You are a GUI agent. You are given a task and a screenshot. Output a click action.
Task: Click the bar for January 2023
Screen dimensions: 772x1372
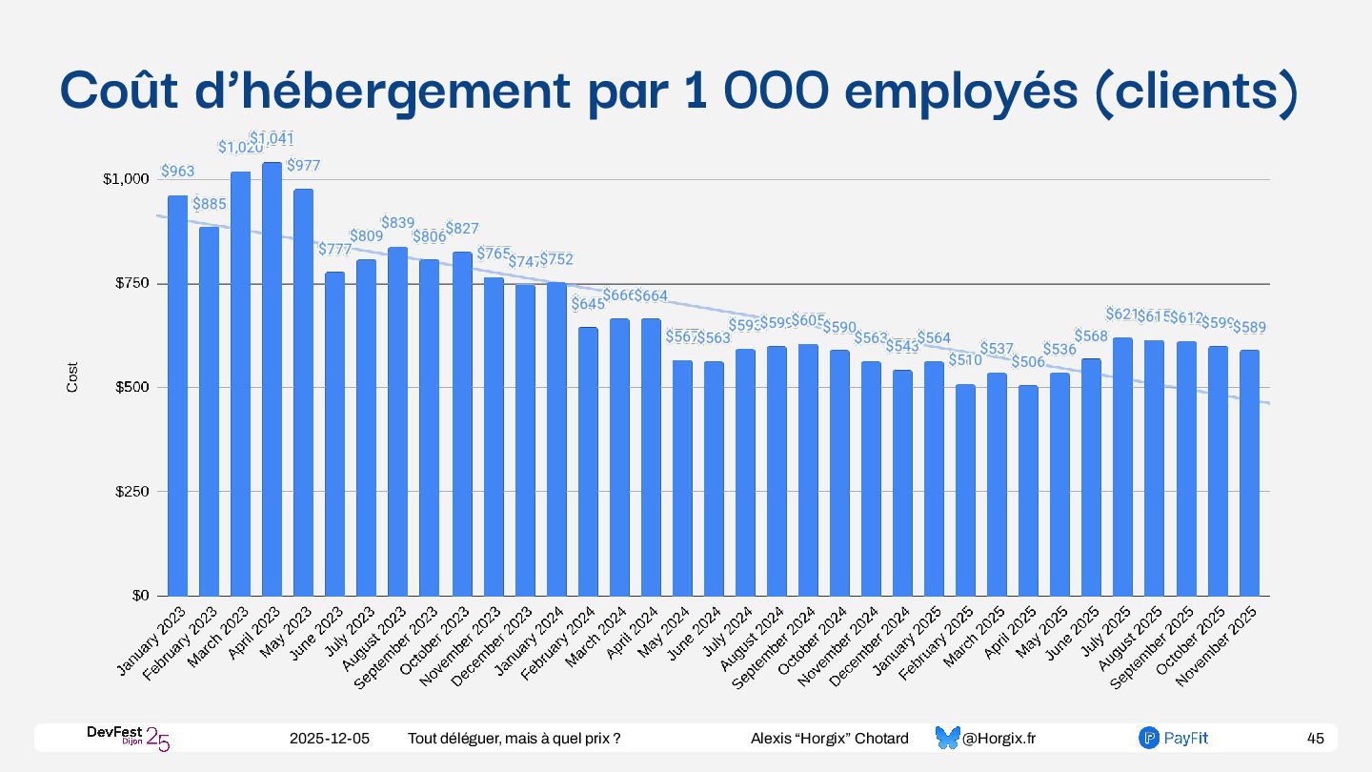[177, 396]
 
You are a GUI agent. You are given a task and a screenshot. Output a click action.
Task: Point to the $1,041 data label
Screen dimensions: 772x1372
[272, 139]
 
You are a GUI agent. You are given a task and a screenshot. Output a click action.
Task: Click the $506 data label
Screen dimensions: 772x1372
[1028, 362]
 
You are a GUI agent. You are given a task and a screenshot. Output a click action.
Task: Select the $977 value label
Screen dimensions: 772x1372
[303, 166]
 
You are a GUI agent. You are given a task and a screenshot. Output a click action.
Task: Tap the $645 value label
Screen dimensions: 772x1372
[587, 305]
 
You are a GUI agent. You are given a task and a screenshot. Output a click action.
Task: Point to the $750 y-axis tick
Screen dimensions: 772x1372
[131, 284]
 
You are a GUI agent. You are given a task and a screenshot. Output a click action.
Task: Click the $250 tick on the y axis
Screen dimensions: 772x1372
[131, 492]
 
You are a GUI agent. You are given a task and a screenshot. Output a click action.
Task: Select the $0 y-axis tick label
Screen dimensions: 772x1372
[140, 596]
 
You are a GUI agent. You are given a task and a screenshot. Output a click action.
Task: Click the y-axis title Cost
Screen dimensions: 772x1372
[72, 377]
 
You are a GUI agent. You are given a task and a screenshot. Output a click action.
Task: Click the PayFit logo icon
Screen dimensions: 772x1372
[1148, 738]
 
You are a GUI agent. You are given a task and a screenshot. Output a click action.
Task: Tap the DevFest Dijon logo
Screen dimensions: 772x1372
[128, 738]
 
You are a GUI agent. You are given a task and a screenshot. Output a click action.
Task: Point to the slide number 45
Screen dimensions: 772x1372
[1316, 739]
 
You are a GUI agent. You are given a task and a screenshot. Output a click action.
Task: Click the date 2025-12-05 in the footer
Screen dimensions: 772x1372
[330, 739]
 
